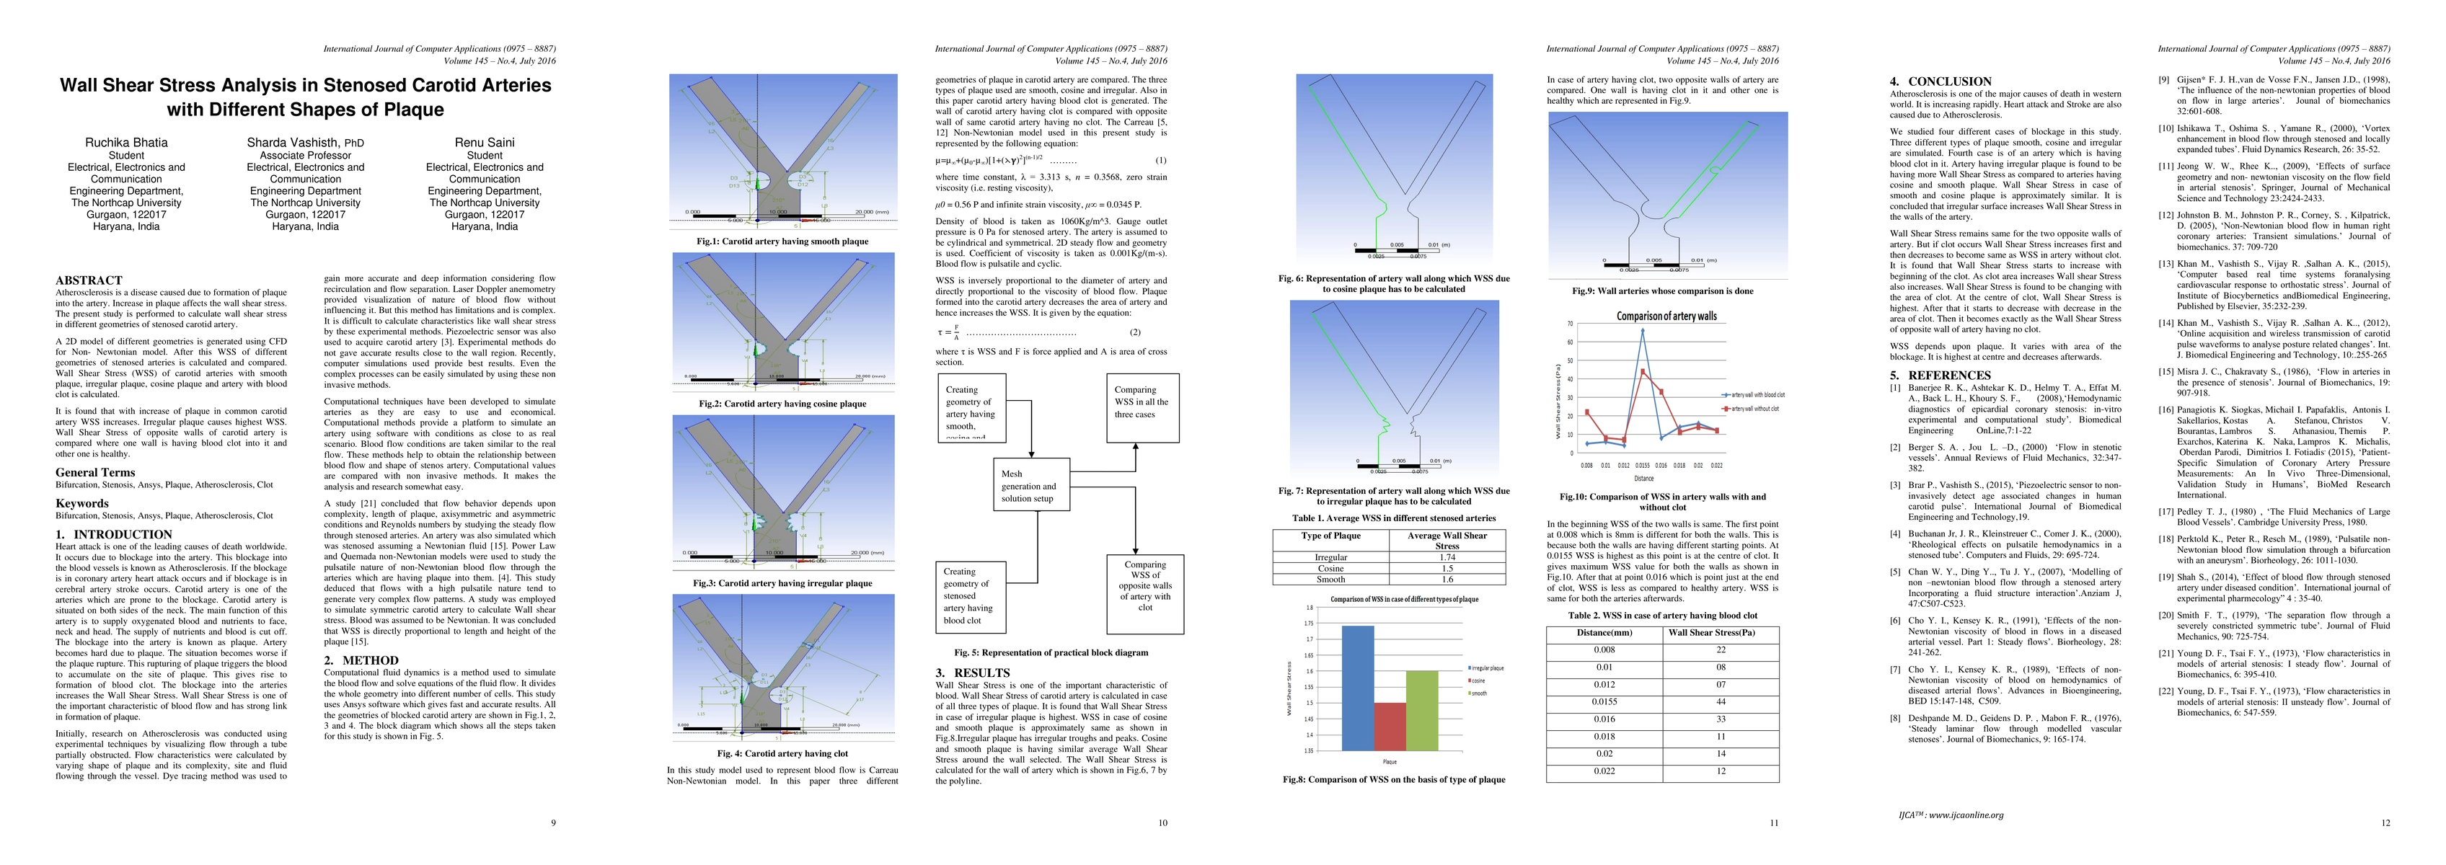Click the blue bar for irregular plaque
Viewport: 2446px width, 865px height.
(x=1358, y=688)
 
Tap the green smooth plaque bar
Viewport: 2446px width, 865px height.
(x=1421, y=710)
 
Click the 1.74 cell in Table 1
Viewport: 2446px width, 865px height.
(x=1447, y=557)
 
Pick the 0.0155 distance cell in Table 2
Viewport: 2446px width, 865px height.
(x=1604, y=701)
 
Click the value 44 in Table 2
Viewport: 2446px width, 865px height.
(x=1720, y=701)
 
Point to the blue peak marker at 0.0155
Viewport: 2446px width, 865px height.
(x=1642, y=330)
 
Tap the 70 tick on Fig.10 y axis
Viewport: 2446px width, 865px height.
(x=1570, y=324)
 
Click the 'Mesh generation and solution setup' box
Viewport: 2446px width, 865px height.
(x=1028, y=485)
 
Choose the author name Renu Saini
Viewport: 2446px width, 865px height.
(x=485, y=143)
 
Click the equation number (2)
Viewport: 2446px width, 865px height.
(x=1135, y=332)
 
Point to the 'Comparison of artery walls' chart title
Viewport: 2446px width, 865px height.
(x=1666, y=316)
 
